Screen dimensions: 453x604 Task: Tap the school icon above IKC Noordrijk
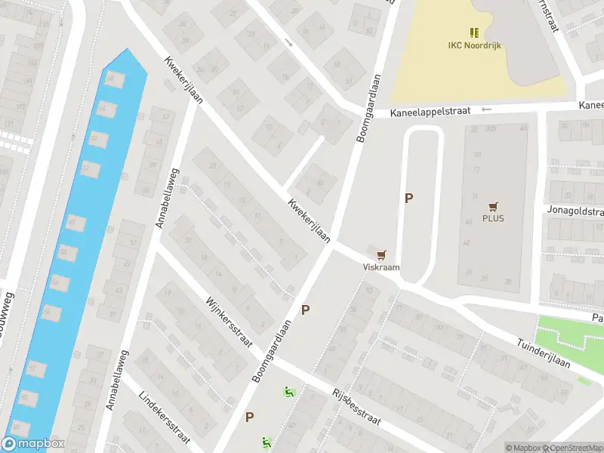[473, 32]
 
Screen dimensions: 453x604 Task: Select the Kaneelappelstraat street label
[430, 112]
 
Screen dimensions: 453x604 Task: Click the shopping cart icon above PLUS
[494, 206]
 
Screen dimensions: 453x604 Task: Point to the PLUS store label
[494, 219]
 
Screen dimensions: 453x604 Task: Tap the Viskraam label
[380, 267]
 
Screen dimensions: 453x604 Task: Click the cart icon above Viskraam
[381, 255]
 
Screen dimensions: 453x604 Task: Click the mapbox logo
[32, 444]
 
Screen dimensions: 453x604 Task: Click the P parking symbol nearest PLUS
[409, 199]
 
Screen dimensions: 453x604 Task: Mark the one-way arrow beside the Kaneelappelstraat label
[485, 110]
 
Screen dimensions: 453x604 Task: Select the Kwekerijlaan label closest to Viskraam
[309, 221]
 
